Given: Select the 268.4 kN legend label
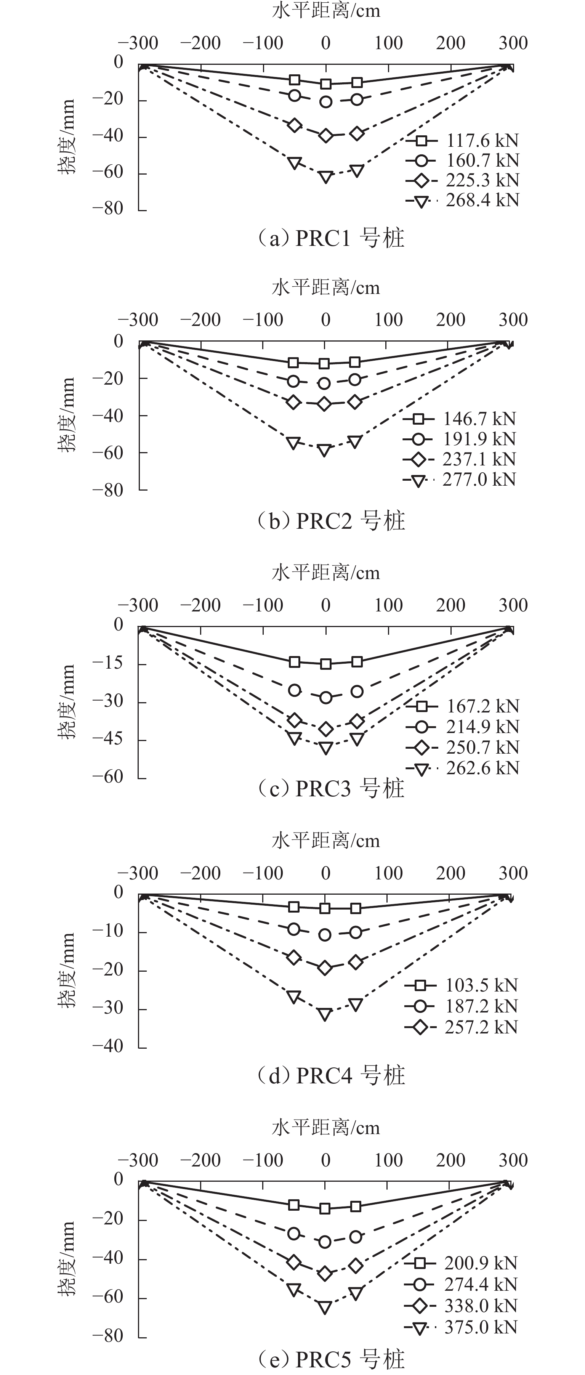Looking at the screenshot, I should [x=482, y=200].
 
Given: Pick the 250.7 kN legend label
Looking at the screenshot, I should [x=482, y=747].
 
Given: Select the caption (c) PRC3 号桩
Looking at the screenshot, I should [x=331, y=788].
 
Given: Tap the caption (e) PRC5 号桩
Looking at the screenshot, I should [x=331, y=1359].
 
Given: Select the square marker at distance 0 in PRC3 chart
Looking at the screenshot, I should [x=325, y=664].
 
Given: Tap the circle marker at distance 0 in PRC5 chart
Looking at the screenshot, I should [x=325, y=1242].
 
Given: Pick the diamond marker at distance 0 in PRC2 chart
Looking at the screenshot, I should [x=324, y=404].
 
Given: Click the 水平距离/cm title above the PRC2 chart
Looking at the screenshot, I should [x=325, y=288].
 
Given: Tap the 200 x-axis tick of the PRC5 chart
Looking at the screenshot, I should [x=450, y=1160].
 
